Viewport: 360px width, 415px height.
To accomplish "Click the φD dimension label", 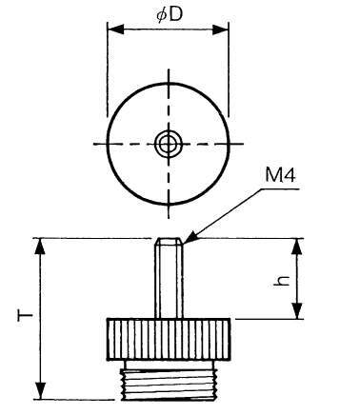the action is [x=170, y=14].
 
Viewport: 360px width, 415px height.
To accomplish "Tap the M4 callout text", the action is [x=280, y=175].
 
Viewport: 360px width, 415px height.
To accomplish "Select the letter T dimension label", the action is [x=25, y=316].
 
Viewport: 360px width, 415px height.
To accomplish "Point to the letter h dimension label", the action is [x=282, y=281].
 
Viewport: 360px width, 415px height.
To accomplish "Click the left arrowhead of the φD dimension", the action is [x=115, y=30].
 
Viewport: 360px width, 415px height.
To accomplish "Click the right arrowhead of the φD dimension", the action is [x=220, y=30].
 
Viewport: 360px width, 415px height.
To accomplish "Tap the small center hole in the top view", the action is [x=169, y=144].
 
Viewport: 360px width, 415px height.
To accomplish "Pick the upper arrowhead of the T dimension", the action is [x=40, y=247].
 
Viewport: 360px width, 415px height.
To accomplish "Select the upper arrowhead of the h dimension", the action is [x=296, y=247].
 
